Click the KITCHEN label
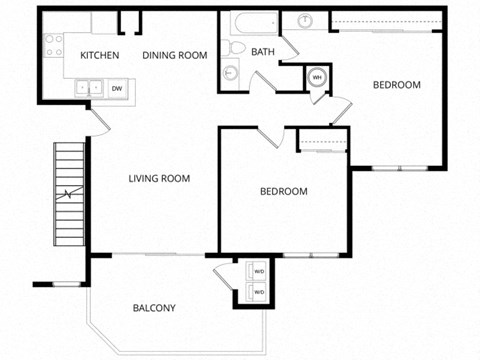100,55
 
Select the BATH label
263,52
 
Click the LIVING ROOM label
159,179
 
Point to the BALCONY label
154,308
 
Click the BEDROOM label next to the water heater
396,85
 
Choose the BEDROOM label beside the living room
283,191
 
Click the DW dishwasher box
116,89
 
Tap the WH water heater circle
317,76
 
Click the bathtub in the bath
252,23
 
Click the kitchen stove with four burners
52,45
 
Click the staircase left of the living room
68,195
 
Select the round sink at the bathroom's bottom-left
230,72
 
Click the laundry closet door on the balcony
222,276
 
